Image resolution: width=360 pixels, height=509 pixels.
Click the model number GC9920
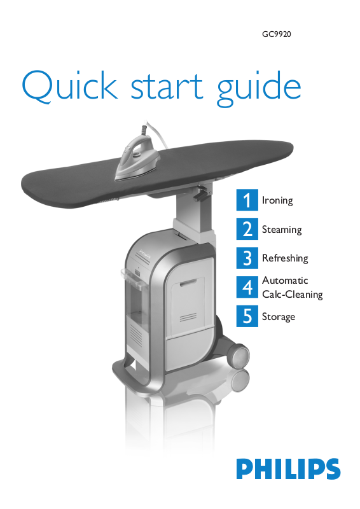tap(277, 34)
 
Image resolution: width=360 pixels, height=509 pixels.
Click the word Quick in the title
tap(69, 87)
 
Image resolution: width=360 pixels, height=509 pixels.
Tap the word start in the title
tap(167, 87)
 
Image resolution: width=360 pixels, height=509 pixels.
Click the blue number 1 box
tap(247, 200)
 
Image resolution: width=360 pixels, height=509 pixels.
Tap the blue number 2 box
tap(247, 229)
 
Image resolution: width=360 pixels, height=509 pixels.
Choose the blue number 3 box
tap(247, 258)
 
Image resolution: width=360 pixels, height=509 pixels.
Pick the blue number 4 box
tap(247, 287)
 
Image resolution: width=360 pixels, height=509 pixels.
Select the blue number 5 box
tap(247, 316)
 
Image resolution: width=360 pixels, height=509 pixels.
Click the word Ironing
tap(277, 200)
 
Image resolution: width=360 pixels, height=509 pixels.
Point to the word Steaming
tap(282, 230)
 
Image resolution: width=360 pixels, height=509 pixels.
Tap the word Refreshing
tap(285, 258)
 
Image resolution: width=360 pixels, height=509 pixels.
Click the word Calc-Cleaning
tap(292, 295)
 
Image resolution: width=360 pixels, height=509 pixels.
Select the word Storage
tap(279, 316)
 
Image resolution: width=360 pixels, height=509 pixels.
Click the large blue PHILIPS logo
tap(288, 469)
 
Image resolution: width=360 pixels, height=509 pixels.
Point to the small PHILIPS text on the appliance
tap(145, 254)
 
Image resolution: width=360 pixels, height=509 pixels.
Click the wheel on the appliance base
tap(240, 356)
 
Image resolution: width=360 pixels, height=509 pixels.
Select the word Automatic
tap(285, 280)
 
